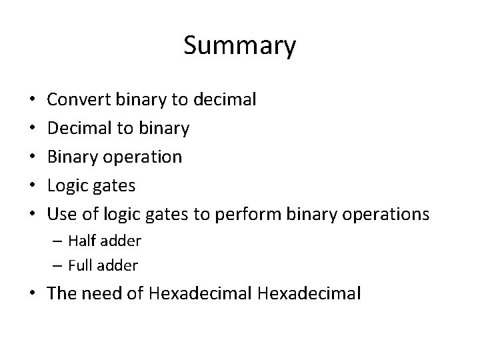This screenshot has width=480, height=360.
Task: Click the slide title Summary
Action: click(x=239, y=46)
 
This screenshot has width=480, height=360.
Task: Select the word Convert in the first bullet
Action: click(x=80, y=100)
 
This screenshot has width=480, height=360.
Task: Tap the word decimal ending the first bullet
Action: click(x=225, y=100)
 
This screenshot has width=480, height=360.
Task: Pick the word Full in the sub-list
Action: click(x=80, y=265)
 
